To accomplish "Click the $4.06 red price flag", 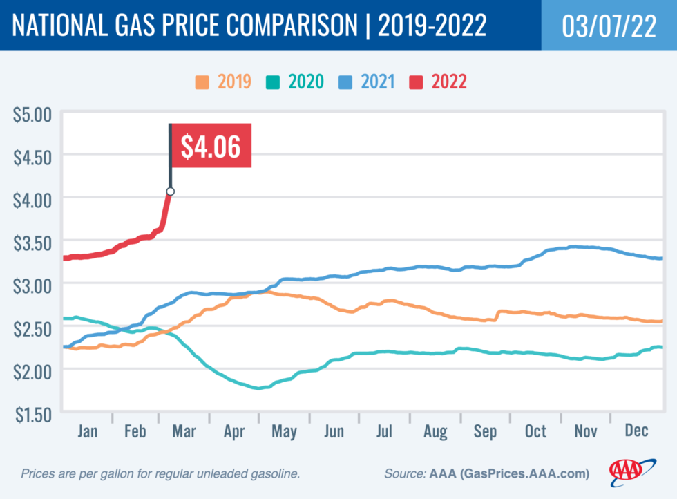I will (210, 146).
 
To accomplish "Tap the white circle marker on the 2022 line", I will (170, 191).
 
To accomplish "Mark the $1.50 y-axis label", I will (32, 413).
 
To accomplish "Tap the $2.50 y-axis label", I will (32, 328).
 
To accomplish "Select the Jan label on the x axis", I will (88, 431).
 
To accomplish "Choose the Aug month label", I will (435, 431).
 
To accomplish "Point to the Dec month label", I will (636, 431).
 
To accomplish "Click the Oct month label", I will (535, 431).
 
